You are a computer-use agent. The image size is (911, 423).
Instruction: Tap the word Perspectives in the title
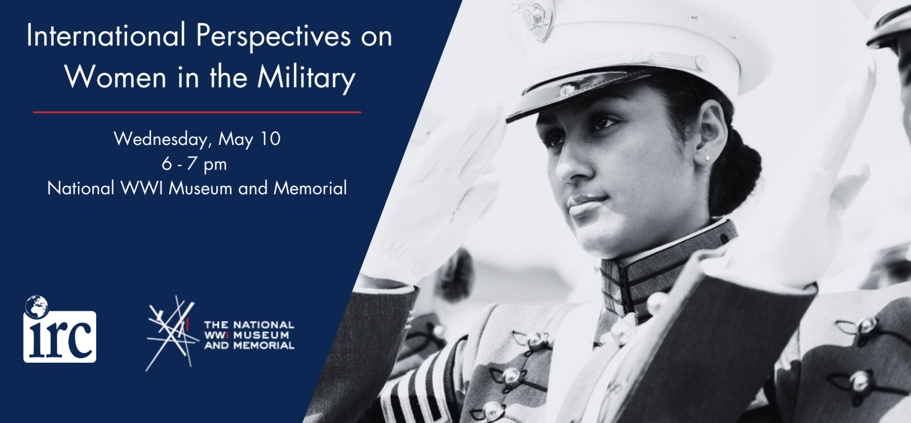pos(273,36)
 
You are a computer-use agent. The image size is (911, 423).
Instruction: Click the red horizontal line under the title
pos(197,113)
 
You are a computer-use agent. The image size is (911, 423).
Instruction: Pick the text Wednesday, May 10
pos(197,139)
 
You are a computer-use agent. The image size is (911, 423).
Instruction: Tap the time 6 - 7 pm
pos(194,164)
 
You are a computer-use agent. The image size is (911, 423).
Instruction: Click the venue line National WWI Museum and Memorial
pos(197,188)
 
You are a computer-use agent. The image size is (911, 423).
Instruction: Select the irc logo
pos(60,335)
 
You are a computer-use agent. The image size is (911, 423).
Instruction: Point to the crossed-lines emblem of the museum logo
pos(170,333)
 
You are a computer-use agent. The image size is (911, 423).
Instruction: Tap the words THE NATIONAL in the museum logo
pos(249,325)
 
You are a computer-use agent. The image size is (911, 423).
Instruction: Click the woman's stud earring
pos(708,159)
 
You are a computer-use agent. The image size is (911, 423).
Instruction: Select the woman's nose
pos(569,165)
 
